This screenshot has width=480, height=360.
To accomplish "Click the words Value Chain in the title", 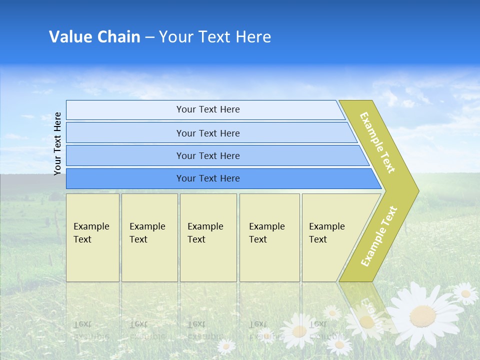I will tap(94, 36).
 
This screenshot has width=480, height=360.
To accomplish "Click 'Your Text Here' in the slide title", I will tap(215, 36).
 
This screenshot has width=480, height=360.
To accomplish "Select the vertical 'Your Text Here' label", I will tap(57, 143).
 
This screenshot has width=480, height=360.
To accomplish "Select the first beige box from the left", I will tap(92, 237).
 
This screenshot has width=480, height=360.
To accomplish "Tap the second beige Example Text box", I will tap(149, 237).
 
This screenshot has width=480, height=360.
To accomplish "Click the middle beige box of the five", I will tap(208, 237).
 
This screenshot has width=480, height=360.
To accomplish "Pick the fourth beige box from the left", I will tap(269, 237).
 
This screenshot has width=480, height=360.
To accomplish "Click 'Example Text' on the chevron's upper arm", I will tap(377, 142).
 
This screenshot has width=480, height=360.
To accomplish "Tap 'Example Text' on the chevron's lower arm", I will tap(379, 236).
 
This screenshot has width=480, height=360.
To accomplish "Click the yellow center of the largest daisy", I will tap(422, 315).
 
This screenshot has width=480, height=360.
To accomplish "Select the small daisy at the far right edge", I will tap(465, 293).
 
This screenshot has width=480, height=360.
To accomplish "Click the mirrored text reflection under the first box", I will tap(91, 330).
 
